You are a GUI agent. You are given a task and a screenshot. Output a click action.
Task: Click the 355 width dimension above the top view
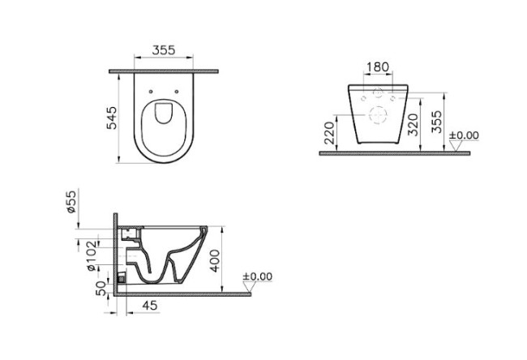pos(165,50)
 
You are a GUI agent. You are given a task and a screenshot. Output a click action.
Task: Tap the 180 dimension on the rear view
pos(378,66)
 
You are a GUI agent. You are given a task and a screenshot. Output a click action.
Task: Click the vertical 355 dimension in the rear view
pos(436,122)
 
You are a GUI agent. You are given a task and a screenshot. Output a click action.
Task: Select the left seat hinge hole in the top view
pos(152,91)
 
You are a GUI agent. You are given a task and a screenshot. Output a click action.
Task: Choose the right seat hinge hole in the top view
pos(175,91)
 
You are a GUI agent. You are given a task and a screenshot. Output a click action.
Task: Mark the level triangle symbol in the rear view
pos(456,146)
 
